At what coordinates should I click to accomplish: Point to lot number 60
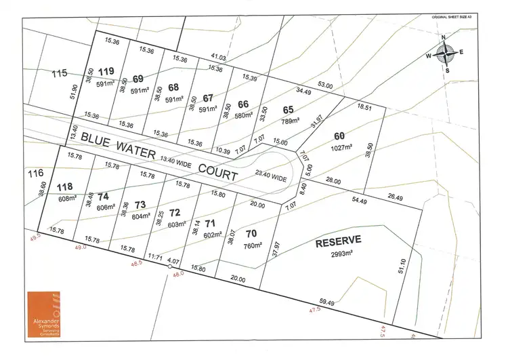(339, 135)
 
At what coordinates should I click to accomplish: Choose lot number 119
(106, 71)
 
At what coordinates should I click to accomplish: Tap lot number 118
(65, 186)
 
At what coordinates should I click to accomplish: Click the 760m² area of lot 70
(252, 245)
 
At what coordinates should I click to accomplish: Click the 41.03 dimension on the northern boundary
(218, 57)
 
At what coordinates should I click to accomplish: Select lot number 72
(175, 212)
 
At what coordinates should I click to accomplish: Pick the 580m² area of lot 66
(244, 115)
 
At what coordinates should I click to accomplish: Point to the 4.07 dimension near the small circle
(172, 260)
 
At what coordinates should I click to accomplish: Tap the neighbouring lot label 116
(35, 174)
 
